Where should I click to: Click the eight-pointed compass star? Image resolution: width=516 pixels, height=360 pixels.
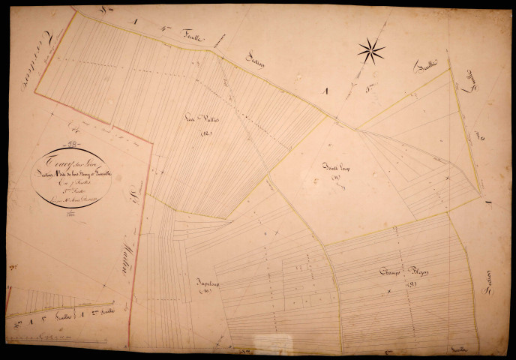pyautogui.click(x=370, y=51)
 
